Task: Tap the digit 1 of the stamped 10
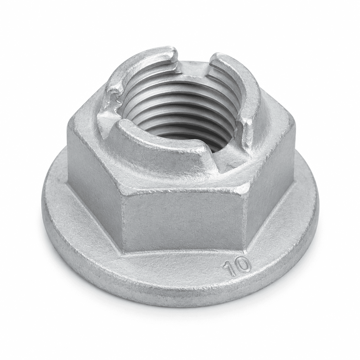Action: coord(230,269)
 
